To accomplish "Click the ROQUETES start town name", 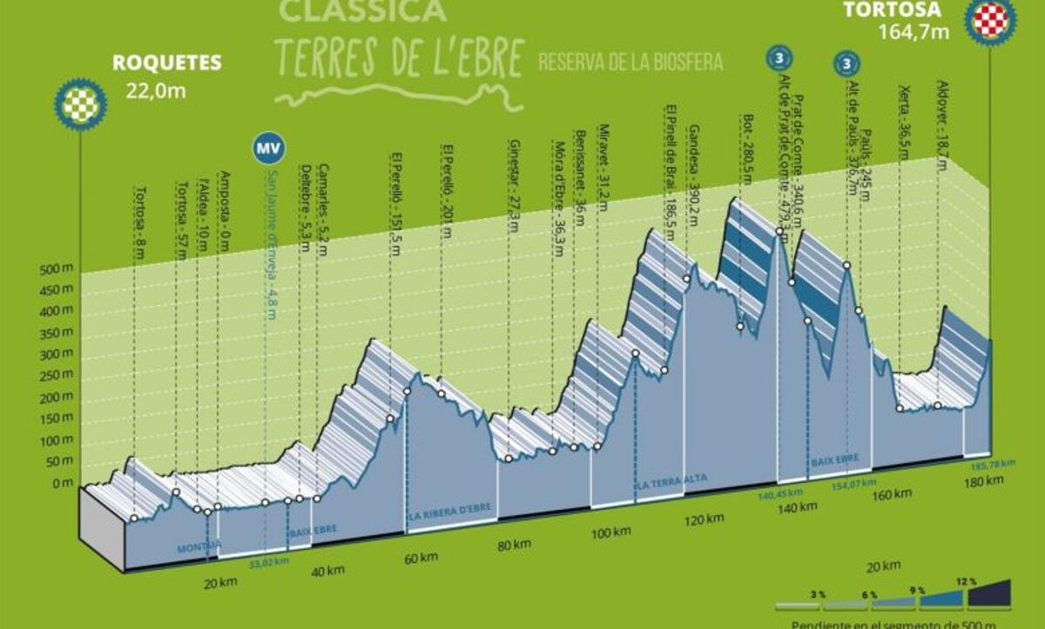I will pyautogui.click(x=166, y=63).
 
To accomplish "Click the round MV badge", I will pyautogui.click(x=267, y=149).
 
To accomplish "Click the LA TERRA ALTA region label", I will pyautogui.click(x=671, y=479).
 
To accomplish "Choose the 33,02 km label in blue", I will pyautogui.click(x=267, y=560).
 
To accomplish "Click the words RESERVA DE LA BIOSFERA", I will pyautogui.click(x=630, y=62).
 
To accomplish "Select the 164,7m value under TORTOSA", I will pyautogui.click(x=925, y=36).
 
